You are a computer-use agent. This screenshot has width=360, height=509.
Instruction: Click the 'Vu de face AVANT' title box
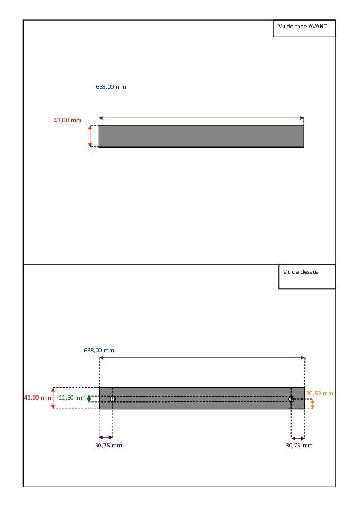[x=304, y=28]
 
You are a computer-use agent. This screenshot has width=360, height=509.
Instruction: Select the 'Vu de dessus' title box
[x=307, y=277]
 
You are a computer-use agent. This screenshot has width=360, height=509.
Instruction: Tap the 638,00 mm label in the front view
[x=111, y=87]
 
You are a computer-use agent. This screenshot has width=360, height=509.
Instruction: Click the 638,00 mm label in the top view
[x=99, y=351]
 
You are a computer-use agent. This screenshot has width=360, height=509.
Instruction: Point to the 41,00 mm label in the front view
[x=68, y=120]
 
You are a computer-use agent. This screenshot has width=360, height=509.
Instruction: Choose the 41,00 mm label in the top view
[x=38, y=398]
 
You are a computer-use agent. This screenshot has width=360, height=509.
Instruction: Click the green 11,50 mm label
[x=72, y=398]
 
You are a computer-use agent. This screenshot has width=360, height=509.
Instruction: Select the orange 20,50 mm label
[x=319, y=394]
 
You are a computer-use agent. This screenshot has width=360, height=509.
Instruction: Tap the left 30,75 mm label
[x=108, y=446]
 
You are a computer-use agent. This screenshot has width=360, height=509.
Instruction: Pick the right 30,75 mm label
[x=299, y=446]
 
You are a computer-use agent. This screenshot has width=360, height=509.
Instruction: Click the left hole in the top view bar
[x=113, y=398]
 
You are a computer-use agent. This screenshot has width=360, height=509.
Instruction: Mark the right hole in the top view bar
[x=291, y=399]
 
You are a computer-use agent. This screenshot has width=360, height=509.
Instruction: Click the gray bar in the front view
[x=201, y=137]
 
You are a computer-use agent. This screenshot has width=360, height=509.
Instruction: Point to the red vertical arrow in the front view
[x=90, y=137]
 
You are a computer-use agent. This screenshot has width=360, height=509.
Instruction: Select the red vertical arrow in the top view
[x=53, y=398]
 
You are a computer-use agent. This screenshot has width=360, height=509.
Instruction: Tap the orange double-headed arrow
[x=312, y=404]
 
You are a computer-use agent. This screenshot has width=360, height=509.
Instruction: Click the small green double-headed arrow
[x=89, y=398]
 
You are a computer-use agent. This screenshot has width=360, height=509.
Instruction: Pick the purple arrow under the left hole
[x=106, y=438]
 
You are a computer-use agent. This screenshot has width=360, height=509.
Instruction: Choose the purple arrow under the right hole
[x=298, y=438]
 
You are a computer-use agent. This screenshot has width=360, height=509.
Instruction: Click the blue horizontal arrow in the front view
[x=201, y=118]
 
